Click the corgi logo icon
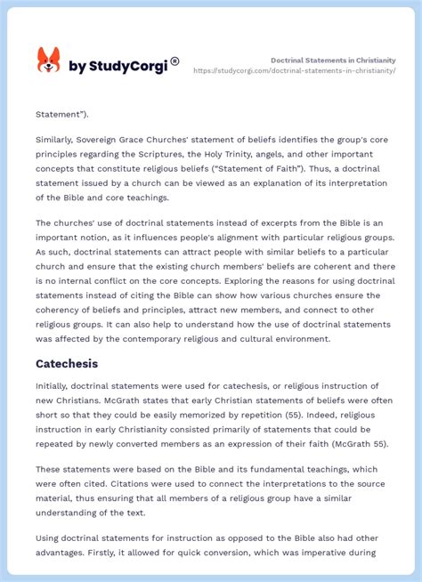48,61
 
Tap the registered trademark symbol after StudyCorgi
175,61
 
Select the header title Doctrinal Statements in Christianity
333,60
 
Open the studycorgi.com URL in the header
294,70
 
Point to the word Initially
55,386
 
